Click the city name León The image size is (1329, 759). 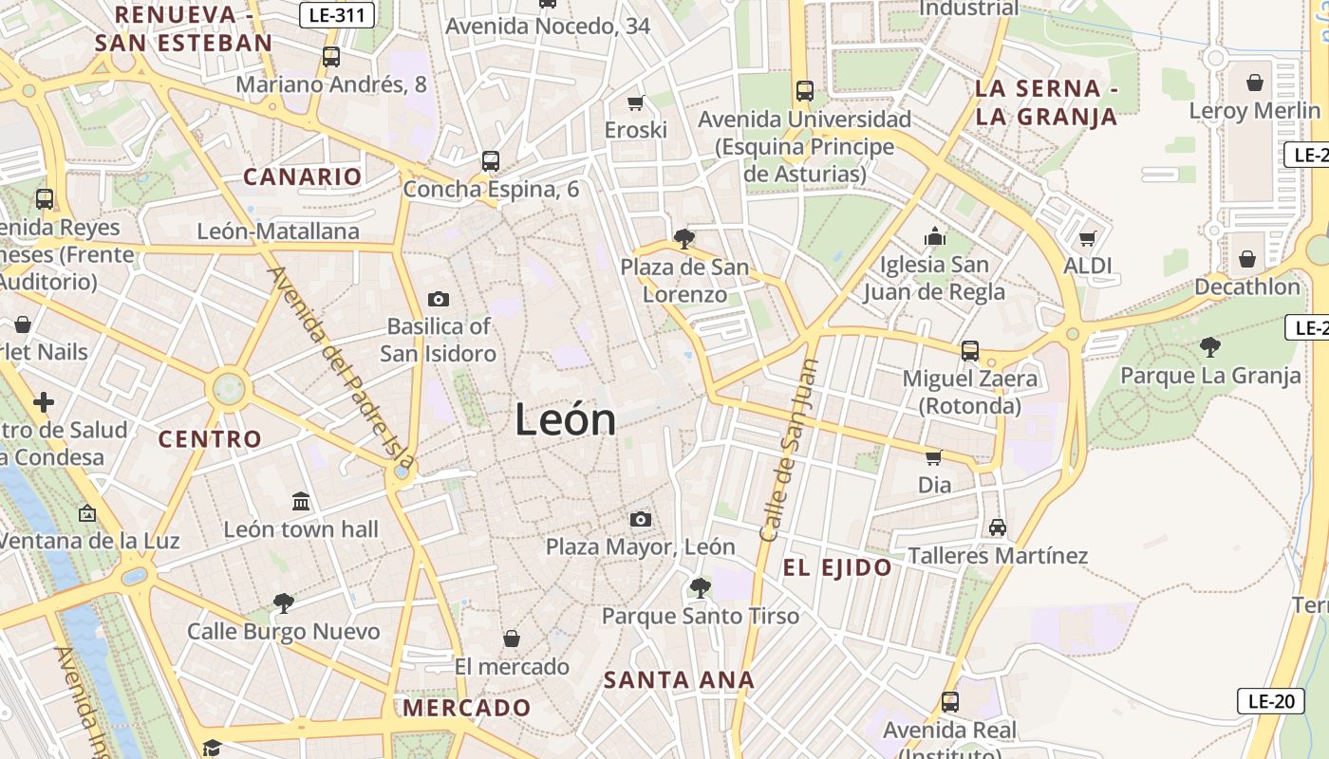(566, 419)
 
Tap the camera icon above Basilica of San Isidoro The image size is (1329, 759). (439, 300)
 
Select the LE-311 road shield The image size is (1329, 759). (337, 15)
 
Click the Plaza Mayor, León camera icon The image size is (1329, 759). (641, 519)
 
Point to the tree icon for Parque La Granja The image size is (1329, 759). (1209, 347)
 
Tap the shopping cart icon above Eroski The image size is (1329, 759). (636, 102)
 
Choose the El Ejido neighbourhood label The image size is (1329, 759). (837, 568)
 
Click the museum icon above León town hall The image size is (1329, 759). (301, 501)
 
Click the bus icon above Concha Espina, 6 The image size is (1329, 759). (490, 161)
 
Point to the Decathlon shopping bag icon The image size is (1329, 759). (1247, 259)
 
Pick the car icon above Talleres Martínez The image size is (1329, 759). (997, 528)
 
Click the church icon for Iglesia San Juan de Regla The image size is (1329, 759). (935, 236)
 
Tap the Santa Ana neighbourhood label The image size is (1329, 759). (679, 680)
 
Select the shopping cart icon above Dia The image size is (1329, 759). (934, 458)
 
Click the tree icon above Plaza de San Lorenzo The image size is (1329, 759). (683, 239)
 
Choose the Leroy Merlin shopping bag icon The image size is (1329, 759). (1255, 83)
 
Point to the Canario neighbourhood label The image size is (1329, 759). (303, 176)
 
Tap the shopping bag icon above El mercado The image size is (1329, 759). (512, 639)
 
